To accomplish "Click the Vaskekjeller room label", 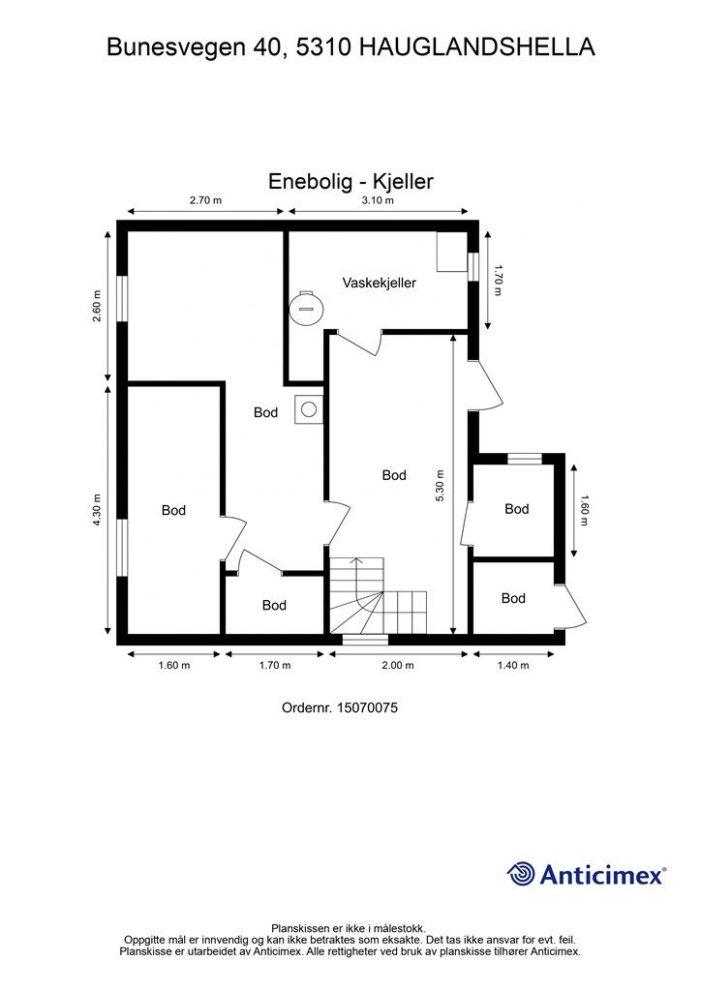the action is [380, 283].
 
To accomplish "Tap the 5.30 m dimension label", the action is [441, 486].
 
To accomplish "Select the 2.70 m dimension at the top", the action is [205, 200].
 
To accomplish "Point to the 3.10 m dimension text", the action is [378, 200].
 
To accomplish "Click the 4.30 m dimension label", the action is [97, 509].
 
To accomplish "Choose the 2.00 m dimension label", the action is [398, 665].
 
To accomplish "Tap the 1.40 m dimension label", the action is [513, 665].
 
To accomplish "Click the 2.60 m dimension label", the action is [97, 306].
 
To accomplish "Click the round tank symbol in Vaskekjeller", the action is [305, 309].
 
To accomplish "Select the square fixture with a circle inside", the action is [309, 409].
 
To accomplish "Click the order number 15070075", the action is [367, 707].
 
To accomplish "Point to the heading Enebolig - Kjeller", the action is [350, 181].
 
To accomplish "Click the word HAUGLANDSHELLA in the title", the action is [477, 46].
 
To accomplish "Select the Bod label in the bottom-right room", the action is [513, 598].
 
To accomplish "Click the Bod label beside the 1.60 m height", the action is [516, 509].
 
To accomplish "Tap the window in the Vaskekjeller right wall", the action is [472, 266].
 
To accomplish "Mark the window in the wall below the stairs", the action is [365, 640].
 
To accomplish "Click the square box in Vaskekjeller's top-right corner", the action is [452, 252].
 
